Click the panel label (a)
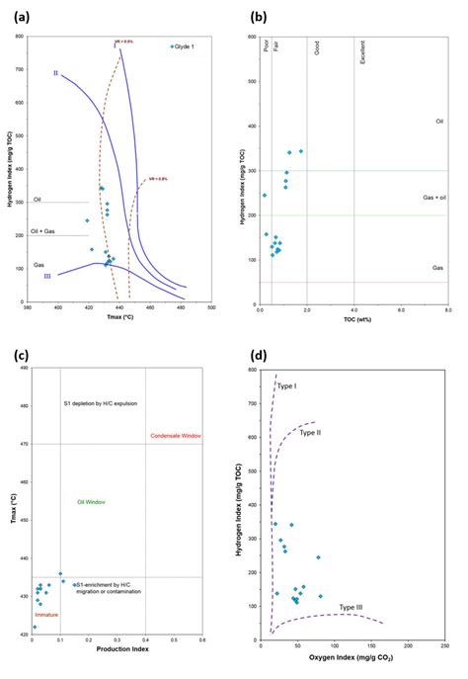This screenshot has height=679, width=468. (21, 16)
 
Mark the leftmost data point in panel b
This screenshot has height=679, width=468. (265, 195)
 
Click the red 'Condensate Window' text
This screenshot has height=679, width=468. (175, 436)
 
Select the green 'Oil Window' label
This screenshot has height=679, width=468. (91, 502)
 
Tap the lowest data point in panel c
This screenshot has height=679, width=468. (35, 627)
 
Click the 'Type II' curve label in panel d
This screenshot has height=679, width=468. (310, 433)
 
